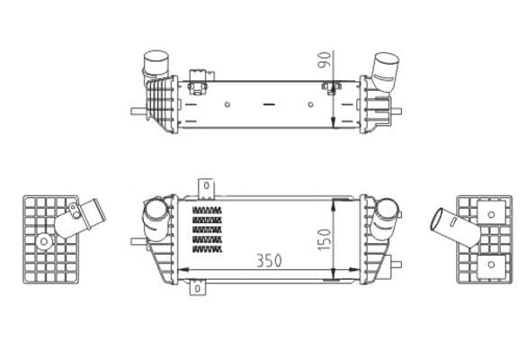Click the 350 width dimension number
pyautogui.click(x=268, y=261)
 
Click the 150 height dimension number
pyautogui.click(x=326, y=239)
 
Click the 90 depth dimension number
pyautogui.click(x=326, y=60)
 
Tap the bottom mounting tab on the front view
pyautogui.click(x=197, y=290)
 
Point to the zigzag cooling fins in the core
pyautogui.click(x=207, y=229)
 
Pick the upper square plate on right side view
pyautogui.click(x=490, y=215)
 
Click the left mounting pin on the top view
pyautogui.click(x=135, y=112)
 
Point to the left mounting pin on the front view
pyautogui.click(x=135, y=241)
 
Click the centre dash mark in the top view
pyautogui.click(x=267, y=106)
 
